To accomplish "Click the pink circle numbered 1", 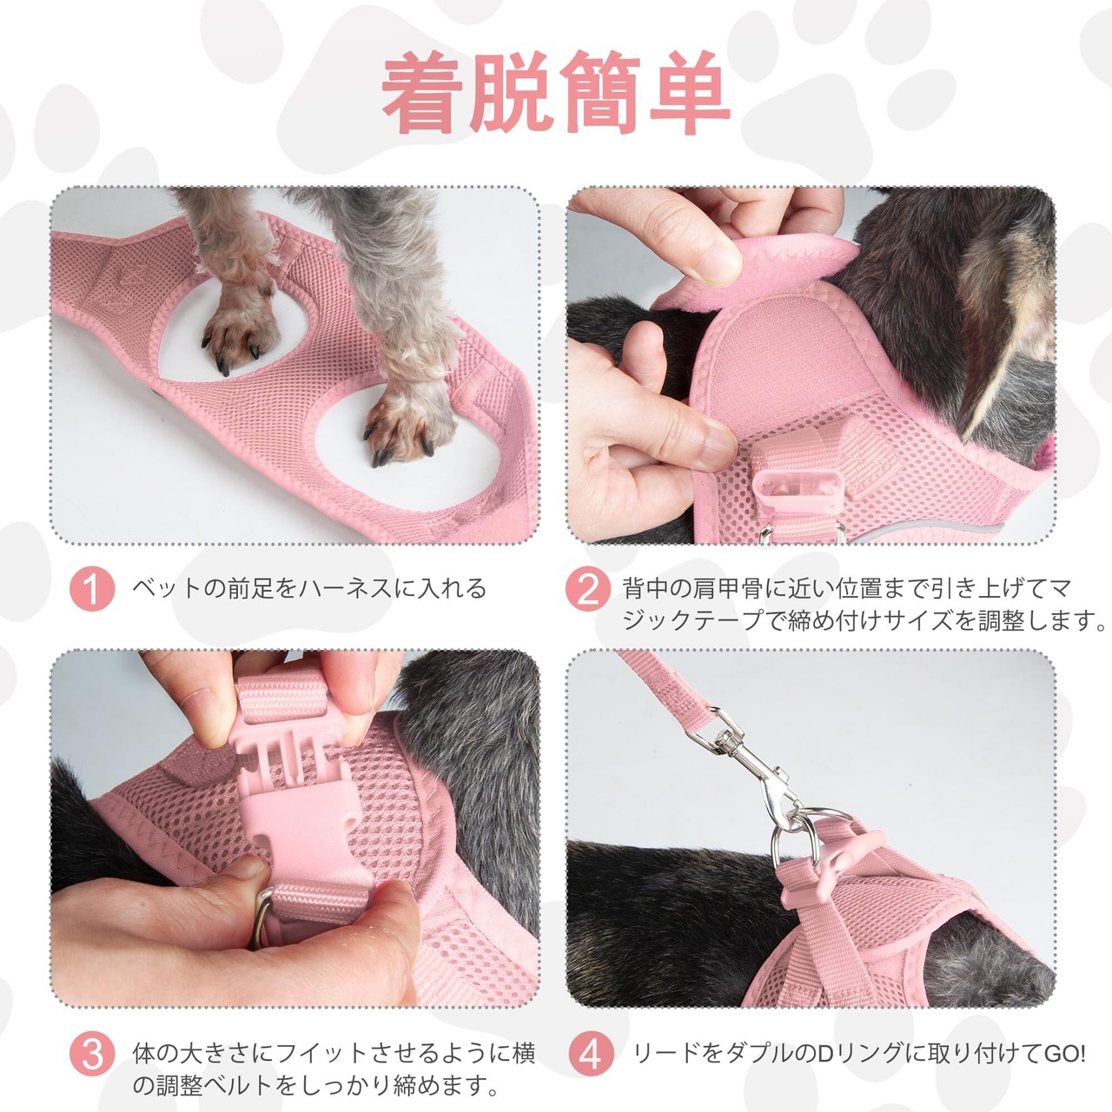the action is click(92, 589).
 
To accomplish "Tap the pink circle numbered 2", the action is click(588, 589).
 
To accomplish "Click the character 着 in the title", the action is click(423, 92).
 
